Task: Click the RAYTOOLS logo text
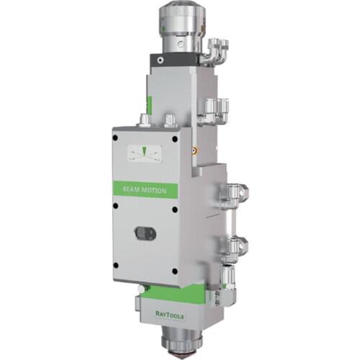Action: (170, 315)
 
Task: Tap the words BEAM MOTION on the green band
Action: (145, 190)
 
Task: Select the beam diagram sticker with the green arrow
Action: (144, 153)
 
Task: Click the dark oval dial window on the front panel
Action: (145, 233)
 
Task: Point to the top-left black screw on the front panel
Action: (115, 138)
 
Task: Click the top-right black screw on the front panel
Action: (175, 139)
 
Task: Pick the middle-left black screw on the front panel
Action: (115, 206)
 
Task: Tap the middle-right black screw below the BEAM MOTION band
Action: (175, 210)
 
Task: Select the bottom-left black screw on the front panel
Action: (116, 265)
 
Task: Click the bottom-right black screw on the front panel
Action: (175, 271)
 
